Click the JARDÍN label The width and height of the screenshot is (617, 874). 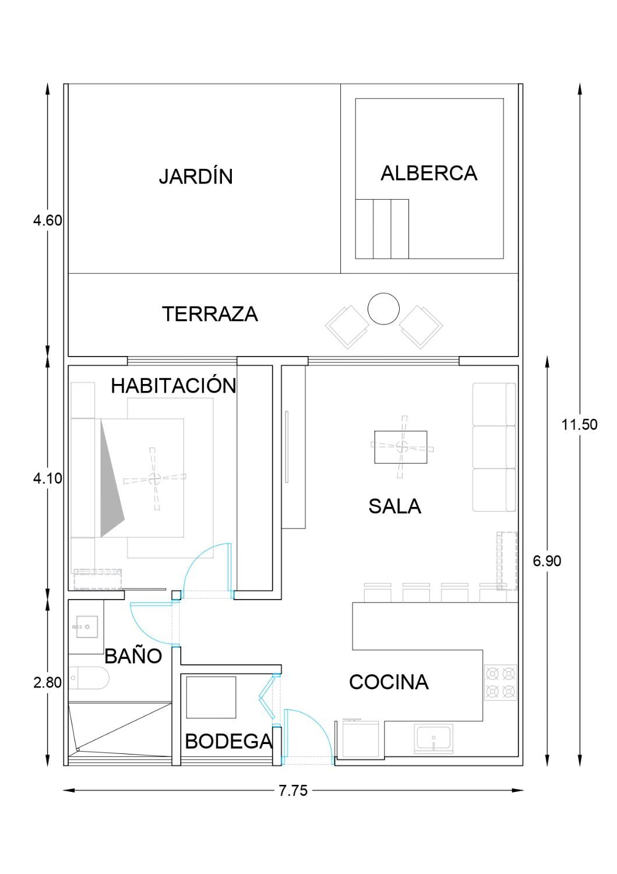click(x=196, y=176)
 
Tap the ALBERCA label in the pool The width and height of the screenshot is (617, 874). click(x=428, y=173)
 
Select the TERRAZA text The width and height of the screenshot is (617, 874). click(x=210, y=313)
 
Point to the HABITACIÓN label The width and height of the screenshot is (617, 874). click(x=174, y=385)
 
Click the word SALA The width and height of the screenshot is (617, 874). click(x=394, y=506)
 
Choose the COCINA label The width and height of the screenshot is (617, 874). click(x=389, y=682)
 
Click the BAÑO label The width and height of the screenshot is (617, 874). click(x=133, y=655)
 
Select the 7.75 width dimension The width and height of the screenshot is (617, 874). click(x=293, y=791)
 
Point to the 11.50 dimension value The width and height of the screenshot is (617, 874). click(x=579, y=425)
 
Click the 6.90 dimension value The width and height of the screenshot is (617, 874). click(x=547, y=561)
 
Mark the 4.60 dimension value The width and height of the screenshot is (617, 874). click(x=48, y=220)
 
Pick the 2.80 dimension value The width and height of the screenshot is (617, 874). click(x=48, y=682)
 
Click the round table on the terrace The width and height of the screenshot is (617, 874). click(x=383, y=308)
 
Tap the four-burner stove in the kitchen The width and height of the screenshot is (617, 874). click(x=500, y=682)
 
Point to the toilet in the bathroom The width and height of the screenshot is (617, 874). click(x=89, y=678)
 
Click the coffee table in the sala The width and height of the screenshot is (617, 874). click(x=400, y=447)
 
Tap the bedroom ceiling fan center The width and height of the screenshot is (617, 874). click(x=154, y=478)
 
